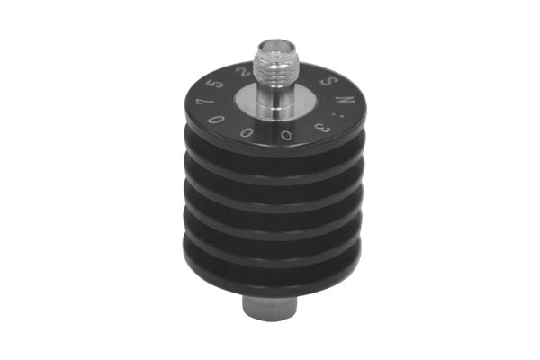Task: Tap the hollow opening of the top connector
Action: pyautogui.click(x=274, y=42)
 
